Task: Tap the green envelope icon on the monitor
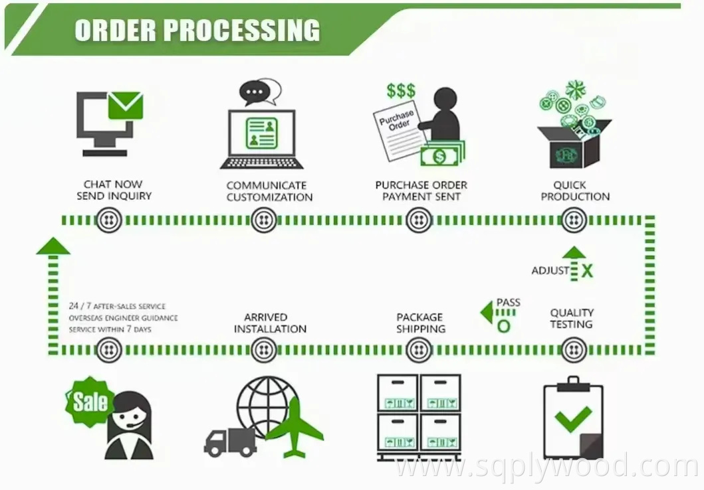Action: click(126, 106)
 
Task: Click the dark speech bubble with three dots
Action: click(255, 93)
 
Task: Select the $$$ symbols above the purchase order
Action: click(401, 90)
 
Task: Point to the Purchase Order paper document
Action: click(398, 130)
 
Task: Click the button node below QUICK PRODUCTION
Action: click(574, 220)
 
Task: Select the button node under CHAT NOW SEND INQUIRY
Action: click(109, 220)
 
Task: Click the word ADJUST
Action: click(550, 271)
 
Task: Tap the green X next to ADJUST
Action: click(587, 271)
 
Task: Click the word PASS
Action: click(509, 303)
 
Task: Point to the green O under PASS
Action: click(504, 327)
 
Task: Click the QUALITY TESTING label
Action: click(572, 318)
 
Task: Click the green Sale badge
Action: click(90, 401)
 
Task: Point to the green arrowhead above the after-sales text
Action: click(53, 246)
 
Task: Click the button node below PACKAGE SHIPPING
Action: click(419, 350)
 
